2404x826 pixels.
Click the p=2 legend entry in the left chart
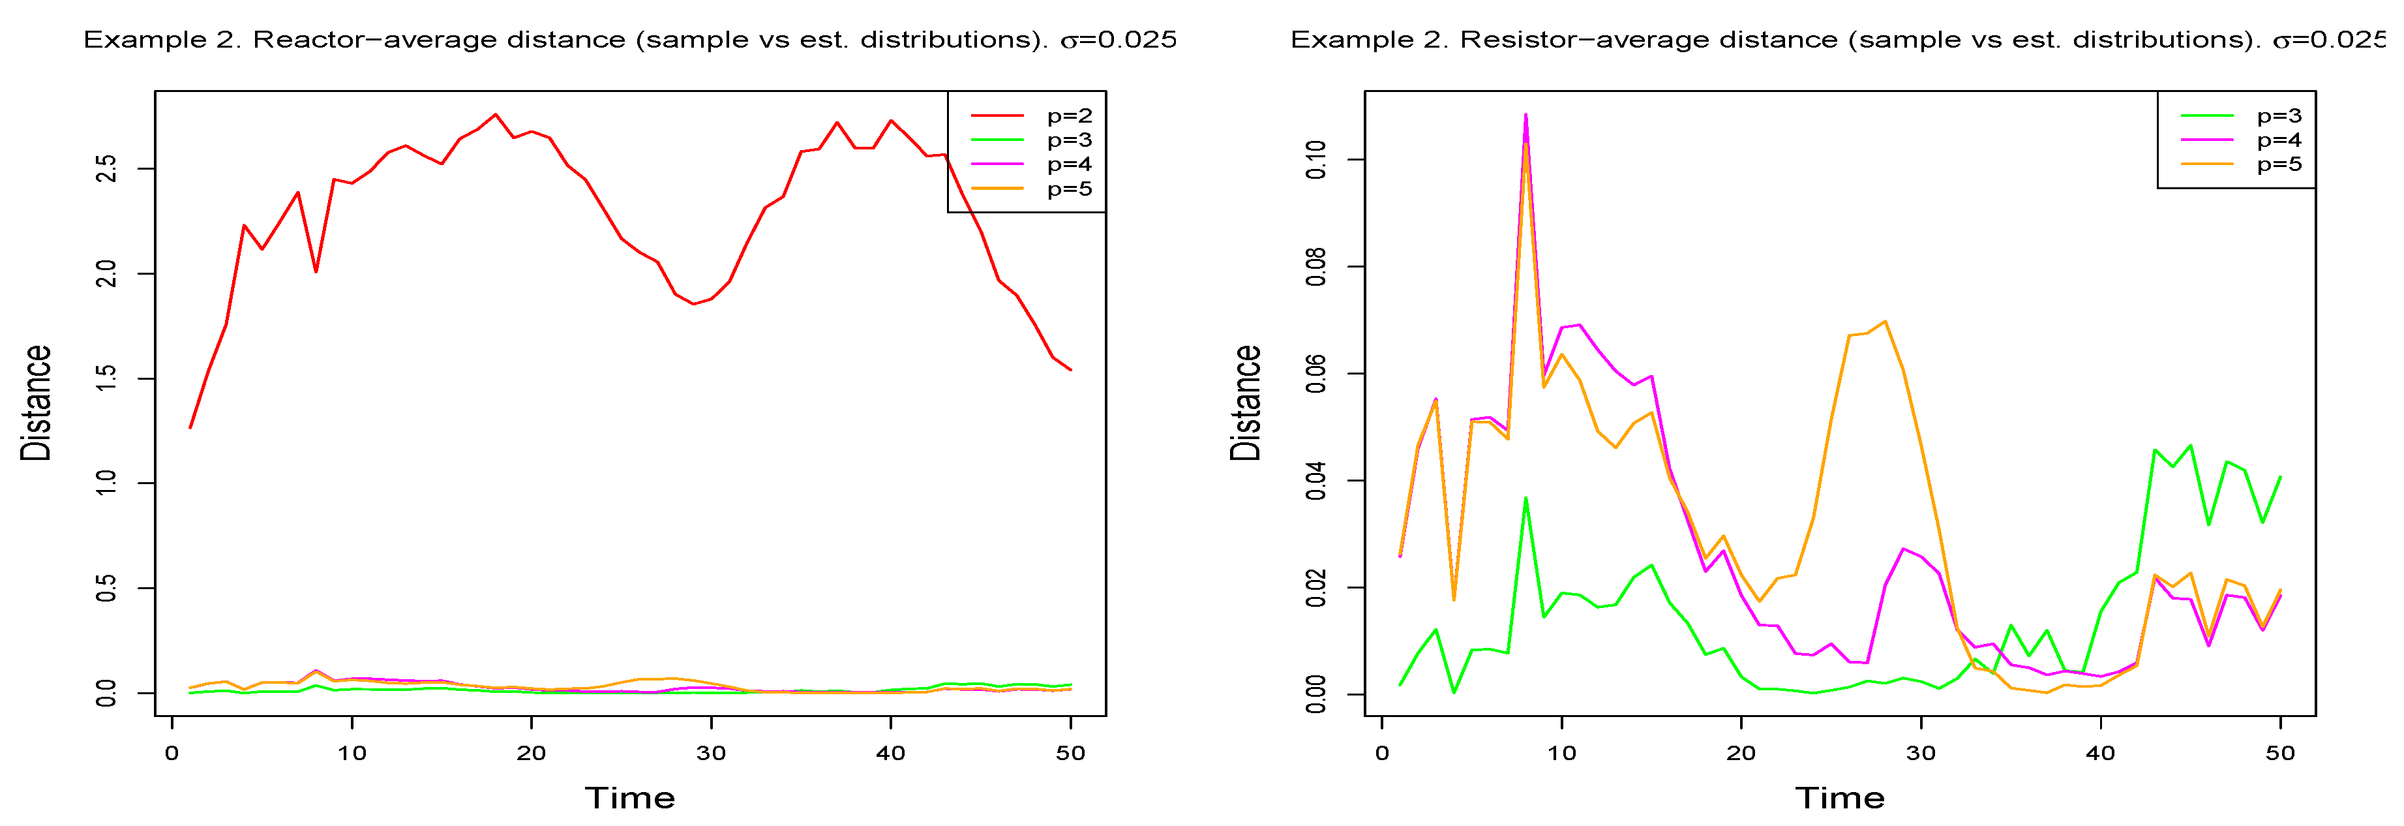pos(1068,115)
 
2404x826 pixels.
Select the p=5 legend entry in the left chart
pos(1068,189)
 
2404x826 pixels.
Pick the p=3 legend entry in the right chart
pos(2279,115)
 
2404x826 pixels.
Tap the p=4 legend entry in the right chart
pos(2279,140)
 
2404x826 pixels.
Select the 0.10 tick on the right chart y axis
pos(1316,160)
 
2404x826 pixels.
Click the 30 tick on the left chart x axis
pos(711,753)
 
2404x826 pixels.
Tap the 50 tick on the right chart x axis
pos(2280,753)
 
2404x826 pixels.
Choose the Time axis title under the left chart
pos(630,798)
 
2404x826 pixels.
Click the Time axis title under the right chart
pos(1839,798)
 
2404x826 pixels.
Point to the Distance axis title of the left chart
pos(37,403)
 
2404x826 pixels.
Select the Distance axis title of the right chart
pos(1246,403)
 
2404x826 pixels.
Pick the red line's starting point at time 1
pos(190,427)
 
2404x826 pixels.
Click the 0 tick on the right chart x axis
pos(1382,753)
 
